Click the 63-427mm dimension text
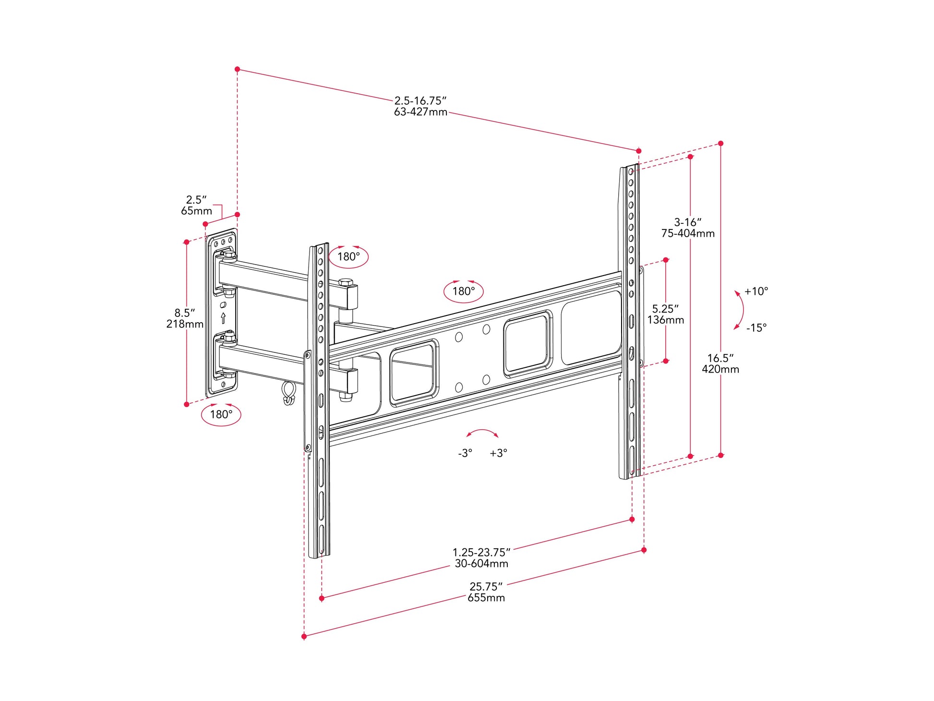pyautogui.click(x=420, y=112)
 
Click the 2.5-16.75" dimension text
pyautogui.click(x=420, y=101)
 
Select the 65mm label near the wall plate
pyautogui.click(x=196, y=211)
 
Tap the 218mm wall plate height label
pyautogui.click(x=185, y=324)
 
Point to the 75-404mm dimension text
pyautogui.click(x=687, y=233)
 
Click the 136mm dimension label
pyautogui.click(x=665, y=320)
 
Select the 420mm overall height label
pyautogui.click(x=720, y=369)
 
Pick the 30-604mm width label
pyautogui.click(x=481, y=564)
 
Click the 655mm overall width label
pyautogui.click(x=486, y=598)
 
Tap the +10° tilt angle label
pyautogui.click(x=756, y=291)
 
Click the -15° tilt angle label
pyautogui.click(x=756, y=328)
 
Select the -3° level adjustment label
pyautogui.click(x=465, y=453)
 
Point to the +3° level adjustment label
pyautogui.click(x=498, y=453)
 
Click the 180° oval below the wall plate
pyautogui.click(x=221, y=414)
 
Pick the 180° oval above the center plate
pyautogui.click(x=463, y=291)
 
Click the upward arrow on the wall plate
pyautogui.click(x=223, y=318)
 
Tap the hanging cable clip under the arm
pyautogui.click(x=288, y=393)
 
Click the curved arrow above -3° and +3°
pyautogui.click(x=482, y=432)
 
